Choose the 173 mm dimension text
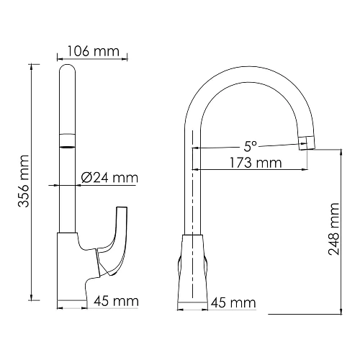251,163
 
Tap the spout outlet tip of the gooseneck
307,142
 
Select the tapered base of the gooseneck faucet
193,270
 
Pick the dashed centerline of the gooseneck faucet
193,187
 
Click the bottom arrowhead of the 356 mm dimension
32,297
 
